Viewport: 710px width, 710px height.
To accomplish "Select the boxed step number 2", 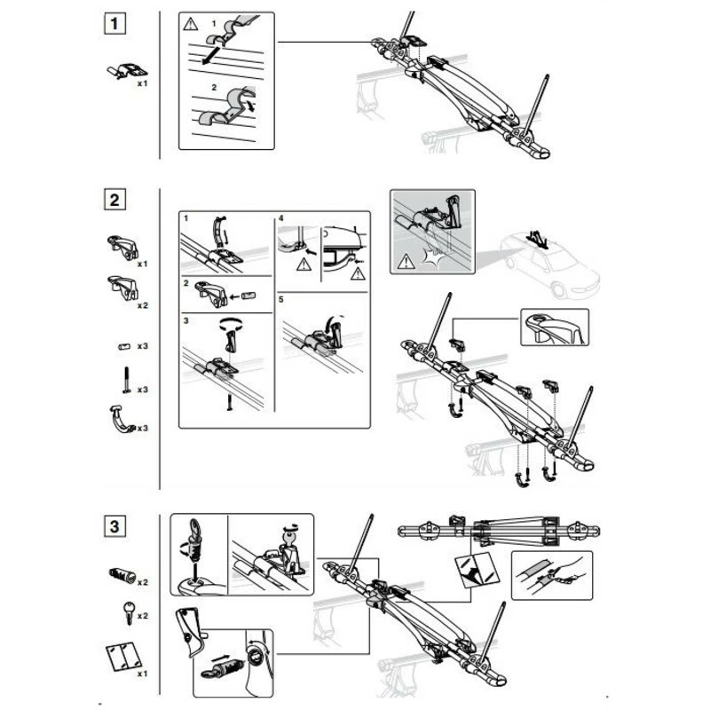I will pyautogui.click(x=113, y=200).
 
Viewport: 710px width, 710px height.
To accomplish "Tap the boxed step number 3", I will pyautogui.click(x=113, y=526).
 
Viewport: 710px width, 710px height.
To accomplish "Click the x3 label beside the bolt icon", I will pyautogui.click(x=142, y=390).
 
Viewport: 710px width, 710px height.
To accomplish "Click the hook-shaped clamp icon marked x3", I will pyautogui.click(x=122, y=419).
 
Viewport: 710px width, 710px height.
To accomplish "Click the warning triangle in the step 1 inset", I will pyautogui.click(x=190, y=24).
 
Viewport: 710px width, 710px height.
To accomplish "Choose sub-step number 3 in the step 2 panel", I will pyautogui.click(x=186, y=319).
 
